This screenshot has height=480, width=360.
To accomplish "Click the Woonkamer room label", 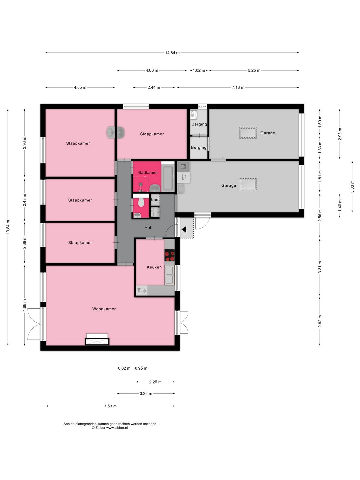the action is (x=104, y=309).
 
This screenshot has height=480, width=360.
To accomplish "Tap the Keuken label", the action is (x=154, y=267).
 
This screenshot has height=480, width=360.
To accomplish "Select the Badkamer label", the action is (x=148, y=173).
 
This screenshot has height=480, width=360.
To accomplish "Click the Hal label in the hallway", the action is (x=148, y=228).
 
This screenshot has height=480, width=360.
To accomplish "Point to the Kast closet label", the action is (x=155, y=200).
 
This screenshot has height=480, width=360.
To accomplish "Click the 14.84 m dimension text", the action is (x=172, y=53).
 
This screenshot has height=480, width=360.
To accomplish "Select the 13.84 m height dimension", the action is (x=8, y=227).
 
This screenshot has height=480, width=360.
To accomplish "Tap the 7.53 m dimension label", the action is (x=110, y=406).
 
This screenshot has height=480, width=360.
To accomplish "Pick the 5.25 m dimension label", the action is (x=254, y=70).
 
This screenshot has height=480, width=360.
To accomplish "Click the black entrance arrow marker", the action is (x=184, y=229).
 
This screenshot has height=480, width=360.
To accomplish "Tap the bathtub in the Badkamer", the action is (x=168, y=178).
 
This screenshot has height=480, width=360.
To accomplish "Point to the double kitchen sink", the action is (x=169, y=275).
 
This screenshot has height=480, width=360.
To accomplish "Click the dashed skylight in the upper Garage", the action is (x=248, y=133).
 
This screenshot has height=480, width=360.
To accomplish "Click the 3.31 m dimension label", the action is (x=320, y=267).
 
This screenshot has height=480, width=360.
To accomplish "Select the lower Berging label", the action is (x=199, y=148).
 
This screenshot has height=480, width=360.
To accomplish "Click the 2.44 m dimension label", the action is (x=154, y=87).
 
